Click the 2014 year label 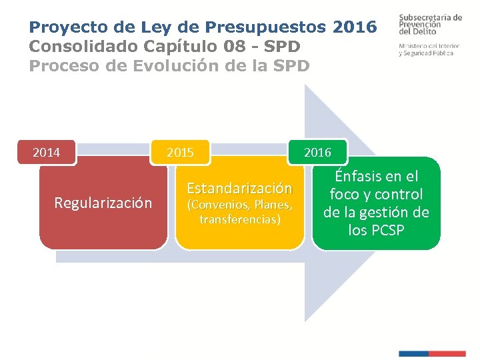(x=47, y=153)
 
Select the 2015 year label (x=180, y=153)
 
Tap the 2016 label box (x=317, y=153)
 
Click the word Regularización (x=103, y=203)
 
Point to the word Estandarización (x=239, y=189)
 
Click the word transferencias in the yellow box (x=238, y=219)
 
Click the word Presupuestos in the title (x=266, y=27)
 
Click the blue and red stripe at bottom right (x=431, y=353)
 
